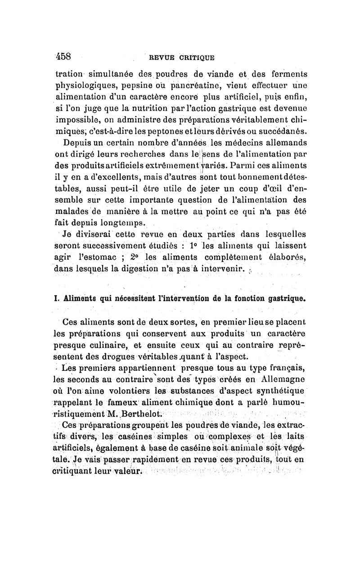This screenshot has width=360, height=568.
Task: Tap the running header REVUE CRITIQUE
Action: [182, 57]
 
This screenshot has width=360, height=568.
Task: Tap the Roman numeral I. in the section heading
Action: [57, 298]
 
